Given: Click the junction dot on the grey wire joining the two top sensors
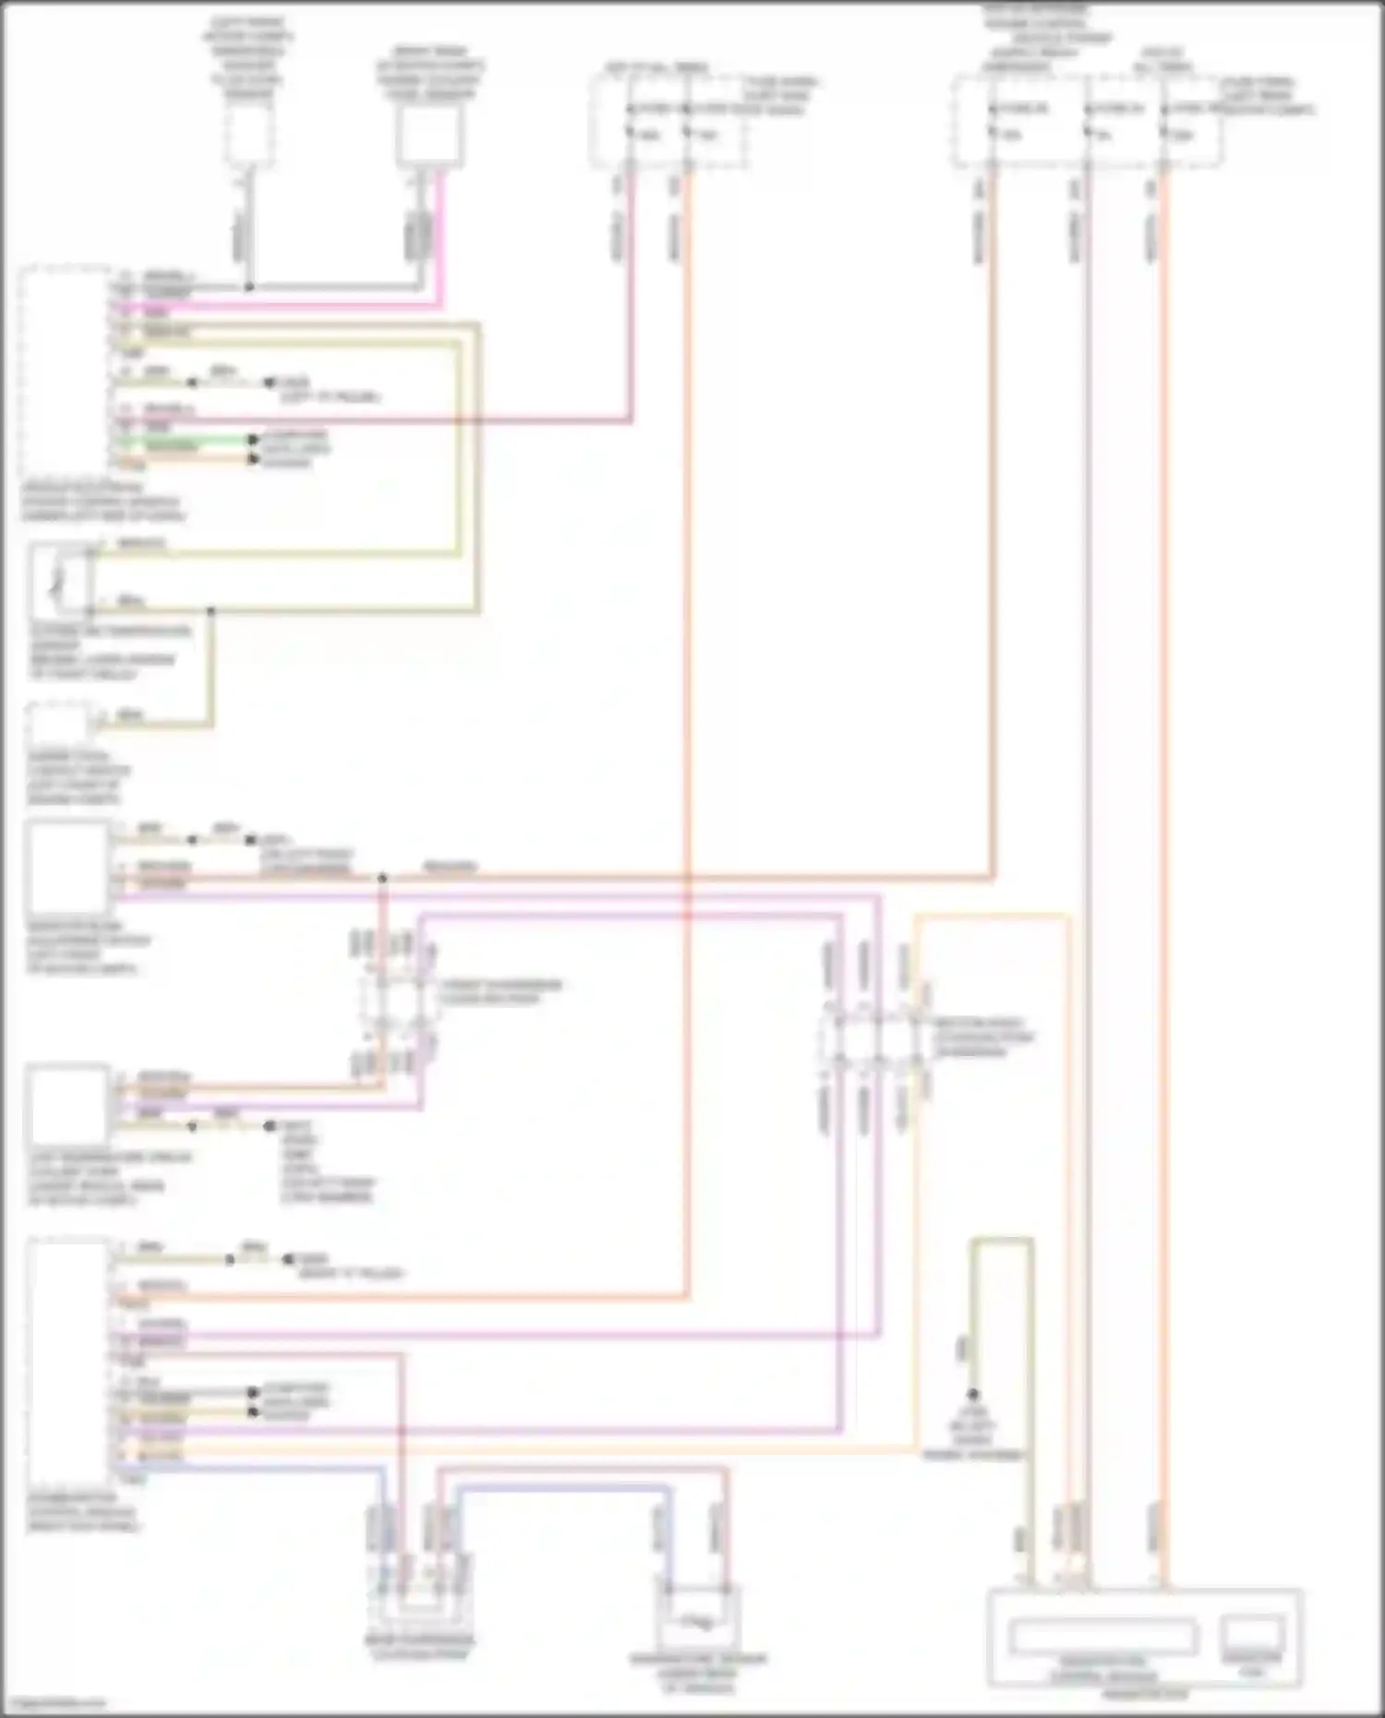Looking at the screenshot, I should click(248, 287).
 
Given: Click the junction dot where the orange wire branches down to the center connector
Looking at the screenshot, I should click(382, 878).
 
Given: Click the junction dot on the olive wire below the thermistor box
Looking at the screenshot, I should click(211, 611).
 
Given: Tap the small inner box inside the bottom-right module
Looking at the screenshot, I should click(1251, 1635).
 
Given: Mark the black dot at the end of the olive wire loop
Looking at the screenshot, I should click(972, 1395).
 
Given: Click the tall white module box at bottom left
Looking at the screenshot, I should click(68, 1361).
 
